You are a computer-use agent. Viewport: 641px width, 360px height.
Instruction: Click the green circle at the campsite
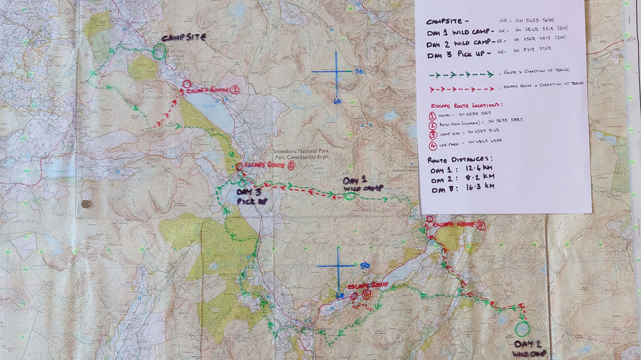point(158,52)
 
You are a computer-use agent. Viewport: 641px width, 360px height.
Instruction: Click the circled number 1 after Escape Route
point(234,90)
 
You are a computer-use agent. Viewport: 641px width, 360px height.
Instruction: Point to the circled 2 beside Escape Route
point(290,165)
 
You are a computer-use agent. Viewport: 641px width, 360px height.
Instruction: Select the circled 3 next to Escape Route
point(481,225)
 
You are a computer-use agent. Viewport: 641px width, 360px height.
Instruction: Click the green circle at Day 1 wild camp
point(349,196)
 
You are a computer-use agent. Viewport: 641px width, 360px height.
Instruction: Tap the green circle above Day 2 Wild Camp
point(522,329)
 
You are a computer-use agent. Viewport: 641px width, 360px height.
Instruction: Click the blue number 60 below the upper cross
point(337,101)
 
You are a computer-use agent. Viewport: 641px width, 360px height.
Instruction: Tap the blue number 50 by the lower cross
point(364,265)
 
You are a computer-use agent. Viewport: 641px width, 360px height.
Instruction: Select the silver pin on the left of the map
point(87,204)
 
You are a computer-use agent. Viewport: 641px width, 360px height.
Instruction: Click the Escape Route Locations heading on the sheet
point(465,105)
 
